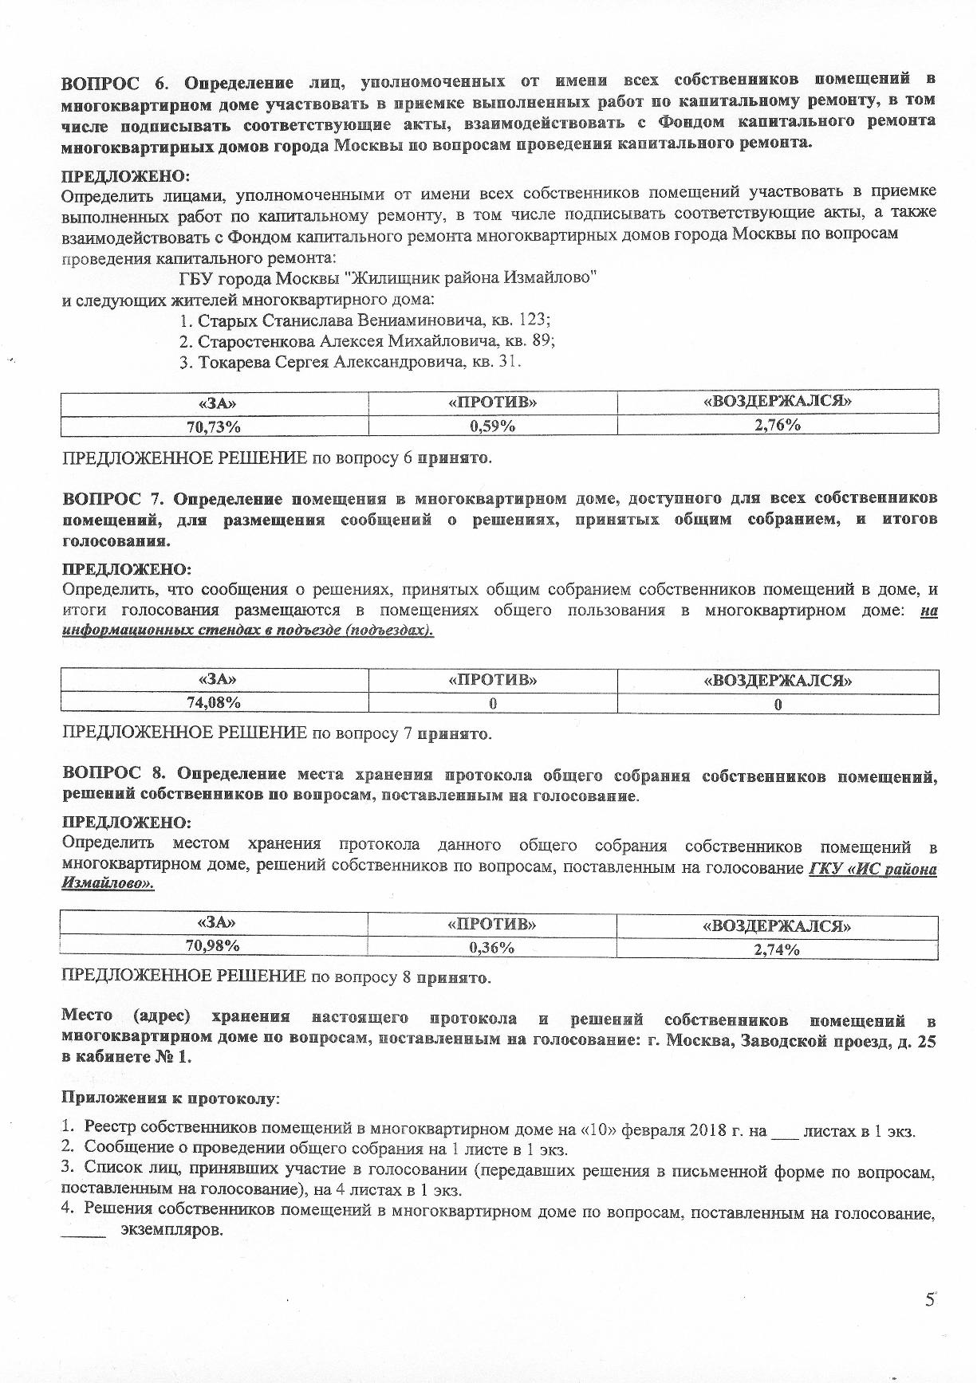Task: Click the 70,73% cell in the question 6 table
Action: [214, 426]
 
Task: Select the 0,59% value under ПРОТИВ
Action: [492, 426]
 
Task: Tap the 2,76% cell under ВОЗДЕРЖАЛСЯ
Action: [778, 425]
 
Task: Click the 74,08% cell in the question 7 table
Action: [214, 702]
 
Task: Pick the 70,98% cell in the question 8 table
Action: [213, 945]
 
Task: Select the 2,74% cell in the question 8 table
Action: [777, 949]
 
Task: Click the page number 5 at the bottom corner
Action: [929, 1300]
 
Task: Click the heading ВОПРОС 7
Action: [112, 499]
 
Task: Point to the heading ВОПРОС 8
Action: [112, 774]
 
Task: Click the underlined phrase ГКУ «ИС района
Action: [873, 869]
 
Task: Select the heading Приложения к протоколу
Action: [171, 1098]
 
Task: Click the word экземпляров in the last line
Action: [171, 1230]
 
